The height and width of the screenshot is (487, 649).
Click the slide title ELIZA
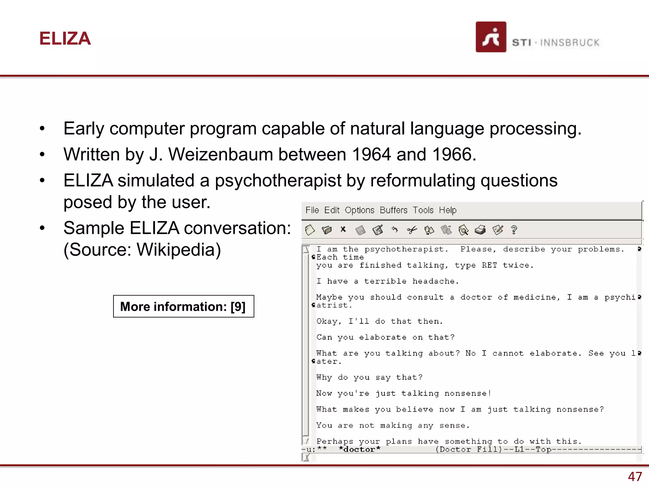tap(65, 39)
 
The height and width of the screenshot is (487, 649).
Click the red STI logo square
tap(491, 37)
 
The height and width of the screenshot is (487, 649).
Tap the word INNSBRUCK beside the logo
tap(570, 42)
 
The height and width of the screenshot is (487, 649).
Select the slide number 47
tap(635, 477)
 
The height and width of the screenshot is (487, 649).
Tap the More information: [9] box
tap(183, 306)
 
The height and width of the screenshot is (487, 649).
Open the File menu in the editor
tap(312, 210)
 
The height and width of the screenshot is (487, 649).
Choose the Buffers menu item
tap(393, 210)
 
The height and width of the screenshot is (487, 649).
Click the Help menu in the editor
tap(447, 210)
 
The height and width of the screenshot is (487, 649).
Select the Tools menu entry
tap(423, 210)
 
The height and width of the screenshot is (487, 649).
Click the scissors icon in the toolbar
tap(412, 230)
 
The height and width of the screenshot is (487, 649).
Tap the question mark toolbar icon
tap(514, 230)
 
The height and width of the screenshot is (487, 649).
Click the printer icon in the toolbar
tap(480, 230)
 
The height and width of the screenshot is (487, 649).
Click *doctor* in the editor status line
tap(359, 449)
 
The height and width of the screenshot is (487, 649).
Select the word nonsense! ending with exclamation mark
tap(468, 393)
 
